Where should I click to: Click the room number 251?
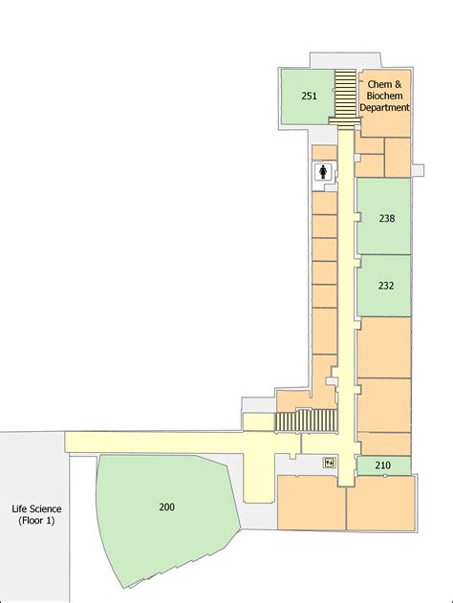[309, 96]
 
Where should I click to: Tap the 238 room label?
[386, 218]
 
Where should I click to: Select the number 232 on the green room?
[386, 285]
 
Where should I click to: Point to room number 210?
[382, 465]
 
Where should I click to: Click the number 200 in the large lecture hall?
[167, 506]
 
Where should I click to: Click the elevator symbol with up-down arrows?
[329, 463]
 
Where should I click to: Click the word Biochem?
[383, 97]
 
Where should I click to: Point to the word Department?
[384, 108]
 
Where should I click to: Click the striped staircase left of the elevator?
[307, 421]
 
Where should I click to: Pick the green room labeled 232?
[384, 296]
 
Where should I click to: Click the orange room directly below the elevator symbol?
[311, 503]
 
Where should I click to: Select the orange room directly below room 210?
[380, 503]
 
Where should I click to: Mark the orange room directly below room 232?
[384, 347]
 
